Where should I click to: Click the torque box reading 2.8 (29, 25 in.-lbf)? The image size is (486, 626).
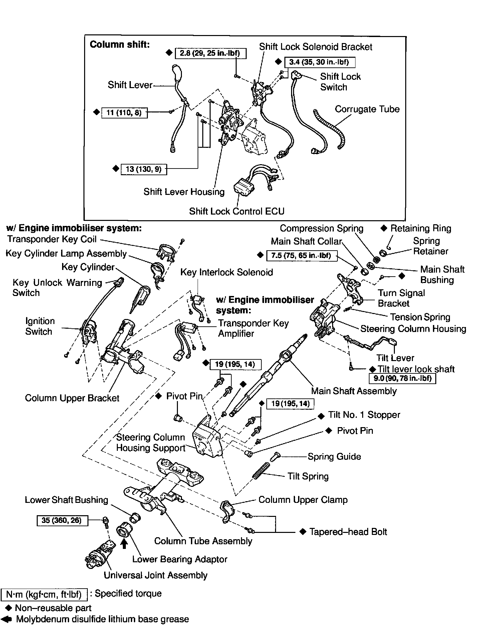coord(211,53)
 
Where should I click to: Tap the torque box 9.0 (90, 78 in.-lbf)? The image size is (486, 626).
coord(402,378)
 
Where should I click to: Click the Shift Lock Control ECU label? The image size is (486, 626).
coord(237,211)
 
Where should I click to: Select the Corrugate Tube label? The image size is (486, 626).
coord(367,109)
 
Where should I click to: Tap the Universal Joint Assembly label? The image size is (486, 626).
coord(156,575)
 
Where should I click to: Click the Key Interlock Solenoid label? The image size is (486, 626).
coord(226,272)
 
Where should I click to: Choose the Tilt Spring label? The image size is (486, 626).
coord(308,476)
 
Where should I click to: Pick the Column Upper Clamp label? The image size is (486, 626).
coord(303,500)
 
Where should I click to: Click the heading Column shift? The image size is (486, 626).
coord(120,44)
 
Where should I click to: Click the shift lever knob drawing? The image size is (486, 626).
coord(177,73)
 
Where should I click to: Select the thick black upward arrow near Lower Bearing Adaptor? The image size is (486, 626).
coord(124,544)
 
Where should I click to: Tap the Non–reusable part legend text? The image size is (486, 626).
coord(53,608)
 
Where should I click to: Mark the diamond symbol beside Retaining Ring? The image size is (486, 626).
coord(384,228)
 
